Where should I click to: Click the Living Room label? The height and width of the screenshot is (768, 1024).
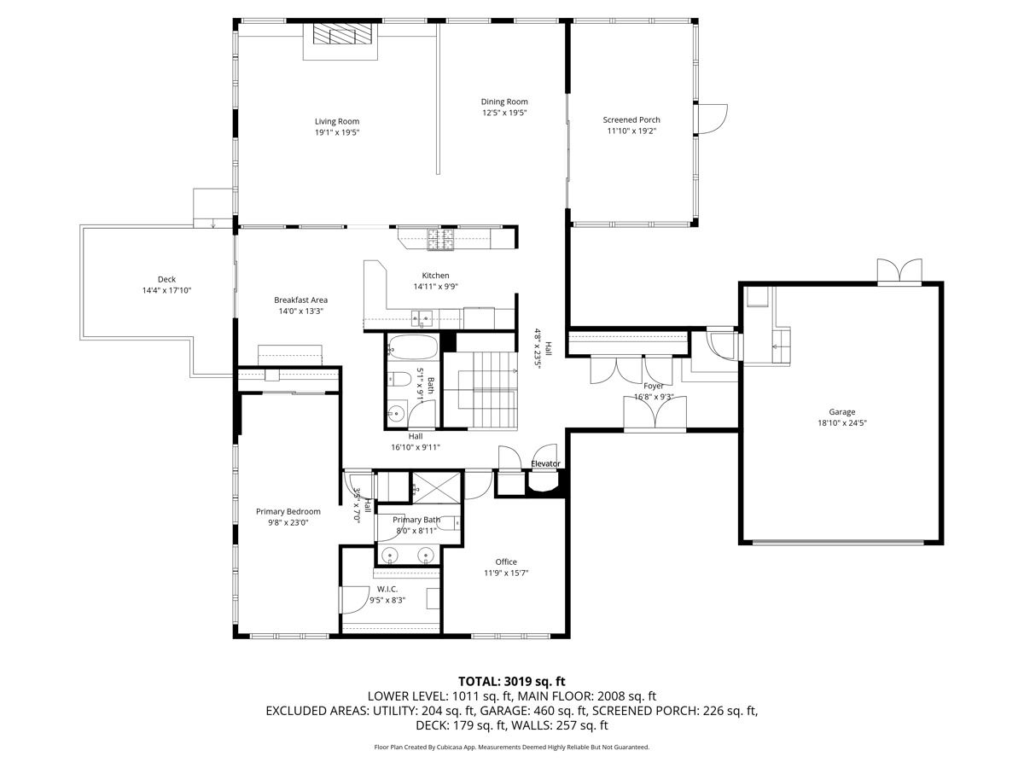pyautogui.click(x=337, y=122)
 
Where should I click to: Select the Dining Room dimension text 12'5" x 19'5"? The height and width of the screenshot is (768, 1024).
pyautogui.click(x=504, y=113)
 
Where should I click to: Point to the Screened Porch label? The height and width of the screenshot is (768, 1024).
pyautogui.click(x=631, y=119)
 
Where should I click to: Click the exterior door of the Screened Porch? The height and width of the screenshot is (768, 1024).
pyautogui.click(x=711, y=119)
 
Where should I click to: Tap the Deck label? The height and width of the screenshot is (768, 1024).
pyautogui.click(x=166, y=279)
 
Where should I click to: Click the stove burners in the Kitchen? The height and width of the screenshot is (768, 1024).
pyautogui.click(x=441, y=239)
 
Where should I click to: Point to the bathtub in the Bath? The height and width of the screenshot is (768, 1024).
pyautogui.click(x=412, y=347)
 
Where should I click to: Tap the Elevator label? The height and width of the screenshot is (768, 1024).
pyautogui.click(x=545, y=463)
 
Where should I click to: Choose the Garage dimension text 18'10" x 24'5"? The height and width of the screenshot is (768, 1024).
pyautogui.click(x=842, y=423)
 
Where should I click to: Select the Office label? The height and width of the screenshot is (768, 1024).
pyautogui.click(x=506, y=561)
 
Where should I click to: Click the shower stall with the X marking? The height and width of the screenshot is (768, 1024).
pyautogui.click(x=437, y=488)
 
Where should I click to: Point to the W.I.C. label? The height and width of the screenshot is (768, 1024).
pyautogui.click(x=387, y=589)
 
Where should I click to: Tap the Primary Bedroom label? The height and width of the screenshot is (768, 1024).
pyautogui.click(x=288, y=511)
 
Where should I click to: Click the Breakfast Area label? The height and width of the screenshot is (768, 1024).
pyautogui.click(x=301, y=300)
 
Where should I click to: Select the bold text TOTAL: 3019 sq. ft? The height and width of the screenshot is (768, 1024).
pyautogui.click(x=512, y=681)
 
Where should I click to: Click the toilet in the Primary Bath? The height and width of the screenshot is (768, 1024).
pyautogui.click(x=450, y=523)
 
